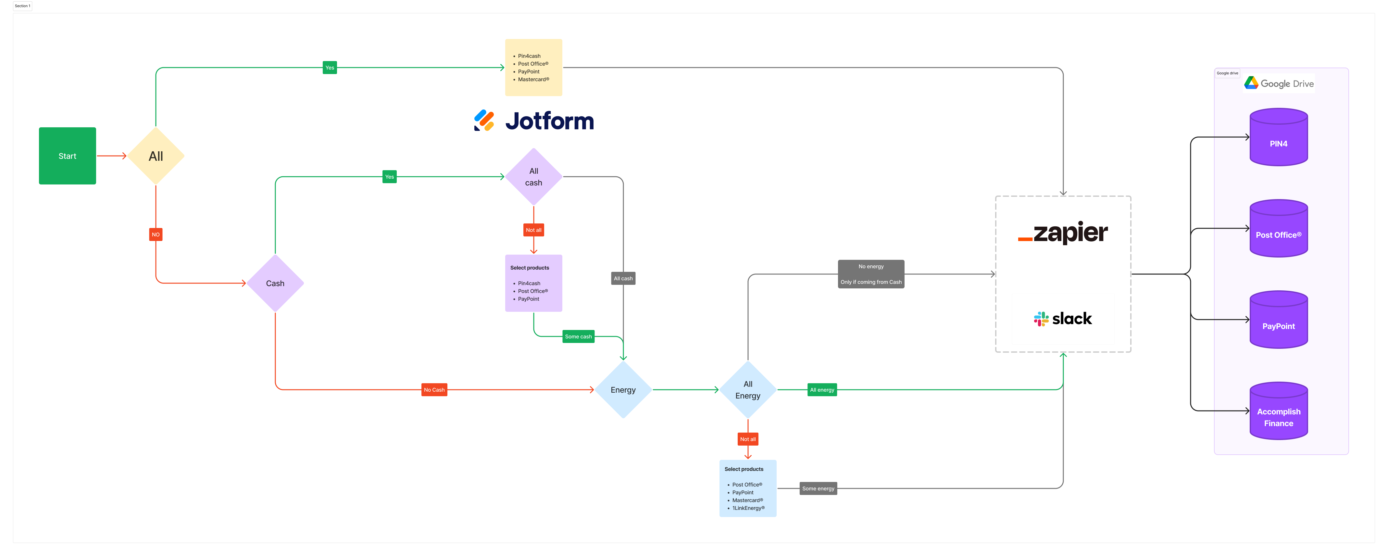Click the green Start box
click(x=67, y=156)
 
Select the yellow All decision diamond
click(x=156, y=156)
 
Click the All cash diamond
click(x=533, y=177)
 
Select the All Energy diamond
click(x=748, y=389)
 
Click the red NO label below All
click(x=156, y=234)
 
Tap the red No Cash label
click(x=434, y=389)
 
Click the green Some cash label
click(x=578, y=336)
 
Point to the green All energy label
click(x=822, y=389)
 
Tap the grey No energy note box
click(x=871, y=274)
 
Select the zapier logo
click(x=1063, y=232)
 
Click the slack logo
click(x=1063, y=318)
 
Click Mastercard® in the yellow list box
click(x=533, y=79)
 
